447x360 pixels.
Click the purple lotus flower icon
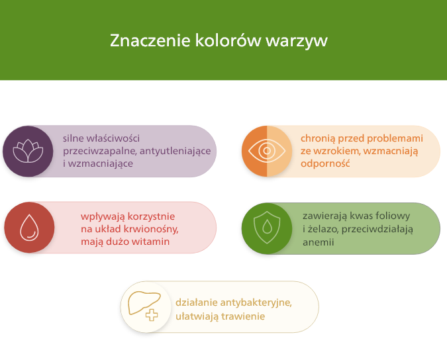coord(28,151)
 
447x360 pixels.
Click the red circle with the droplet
coord(29,228)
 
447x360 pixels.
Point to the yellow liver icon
coord(145,306)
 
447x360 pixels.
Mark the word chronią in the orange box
coord(318,138)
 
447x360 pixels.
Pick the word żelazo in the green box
coord(324,229)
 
